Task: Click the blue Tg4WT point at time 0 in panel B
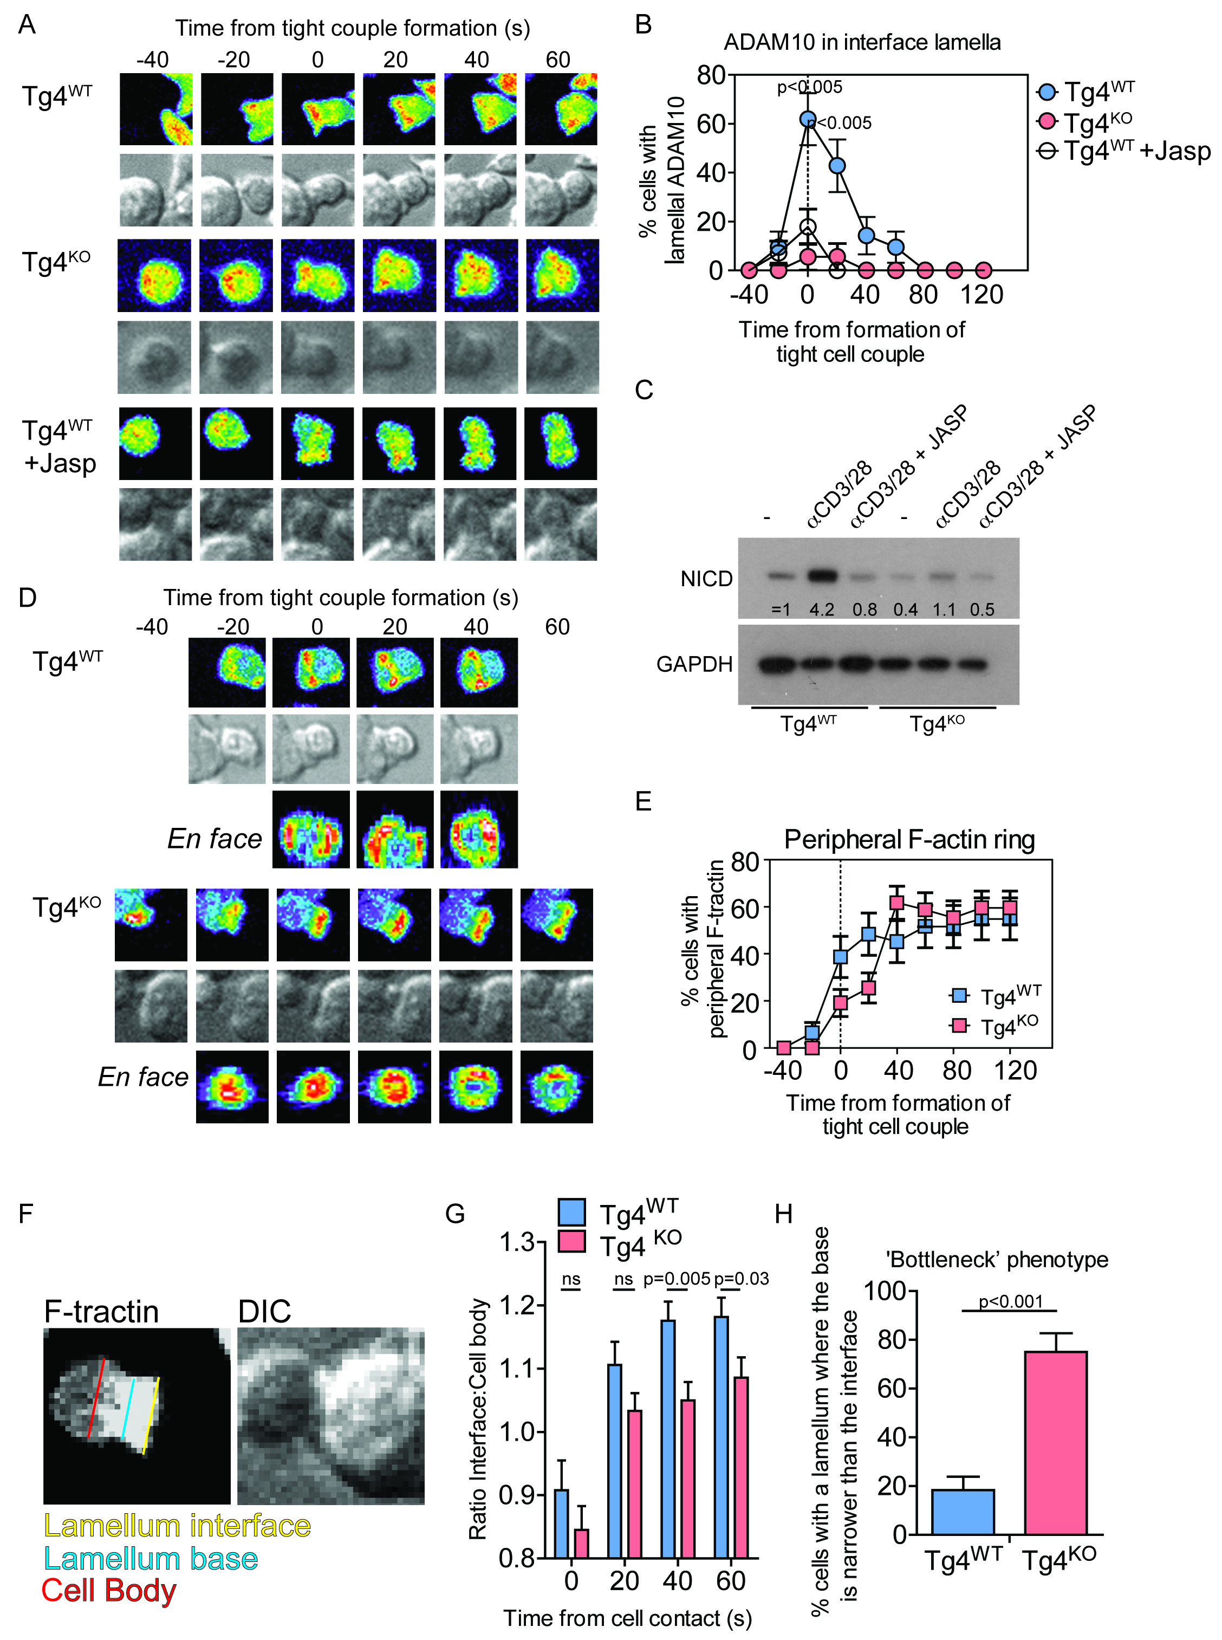coord(807,120)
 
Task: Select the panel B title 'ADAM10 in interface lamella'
coord(862,42)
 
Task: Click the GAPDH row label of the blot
coord(694,664)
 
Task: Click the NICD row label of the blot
coord(706,579)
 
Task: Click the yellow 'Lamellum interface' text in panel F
coord(178,1526)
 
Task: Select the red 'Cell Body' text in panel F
coord(109,1591)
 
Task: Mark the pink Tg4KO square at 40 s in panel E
coord(897,903)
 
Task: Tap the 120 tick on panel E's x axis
coord(1015,1071)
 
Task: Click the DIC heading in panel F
coord(264,1312)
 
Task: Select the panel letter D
coord(28,598)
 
